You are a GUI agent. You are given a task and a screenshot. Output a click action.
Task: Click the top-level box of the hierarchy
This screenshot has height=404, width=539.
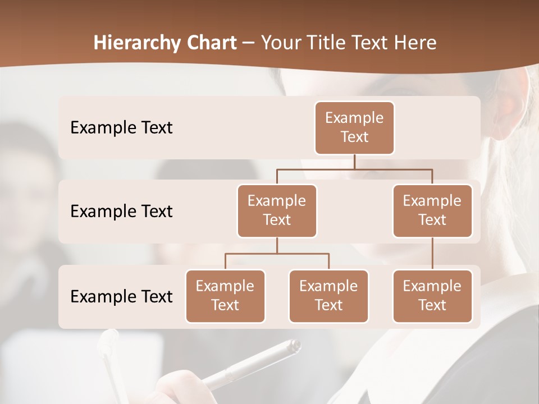pyautogui.click(x=354, y=127)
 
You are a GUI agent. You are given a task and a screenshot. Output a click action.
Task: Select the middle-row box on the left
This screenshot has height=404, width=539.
pyautogui.click(x=277, y=210)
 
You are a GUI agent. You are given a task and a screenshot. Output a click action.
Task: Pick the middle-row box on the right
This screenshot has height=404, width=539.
pyautogui.click(x=432, y=210)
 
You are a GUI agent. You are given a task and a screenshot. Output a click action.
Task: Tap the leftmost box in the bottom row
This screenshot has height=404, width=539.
pyautogui.click(x=225, y=296)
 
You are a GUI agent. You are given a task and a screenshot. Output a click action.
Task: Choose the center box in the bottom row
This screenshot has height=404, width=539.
pyautogui.click(x=328, y=296)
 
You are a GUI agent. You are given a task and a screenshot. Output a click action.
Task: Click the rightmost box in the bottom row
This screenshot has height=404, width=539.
pyautogui.click(x=432, y=296)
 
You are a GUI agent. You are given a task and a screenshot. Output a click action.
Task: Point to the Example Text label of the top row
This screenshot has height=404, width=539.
pyautogui.click(x=121, y=127)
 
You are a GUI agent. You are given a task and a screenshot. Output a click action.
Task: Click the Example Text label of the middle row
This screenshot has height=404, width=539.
pyautogui.click(x=121, y=211)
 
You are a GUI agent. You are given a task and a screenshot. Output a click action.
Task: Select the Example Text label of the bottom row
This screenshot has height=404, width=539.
pyautogui.click(x=121, y=296)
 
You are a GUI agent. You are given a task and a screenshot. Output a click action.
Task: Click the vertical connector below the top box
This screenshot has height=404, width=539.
pyautogui.click(x=354, y=162)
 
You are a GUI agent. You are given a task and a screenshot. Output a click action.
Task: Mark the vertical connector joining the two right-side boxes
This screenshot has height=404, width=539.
pyautogui.click(x=432, y=253)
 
